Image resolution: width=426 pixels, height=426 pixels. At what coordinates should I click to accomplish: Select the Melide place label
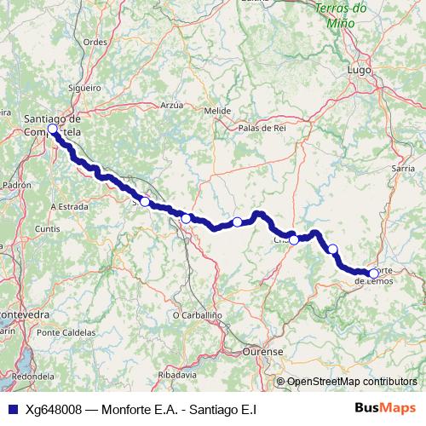pyautogui.click(x=217, y=111)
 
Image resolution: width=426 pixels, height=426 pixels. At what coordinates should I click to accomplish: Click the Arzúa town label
pyautogui.click(x=171, y=105)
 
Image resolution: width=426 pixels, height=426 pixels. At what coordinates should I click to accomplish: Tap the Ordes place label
pyautogui.click(x=95, y=42)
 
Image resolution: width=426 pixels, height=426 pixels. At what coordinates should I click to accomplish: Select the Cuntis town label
pyautogui.click(x=48, y=229)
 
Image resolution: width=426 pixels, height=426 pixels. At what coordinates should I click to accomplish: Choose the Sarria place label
pyautogui.click(x=403, y=170)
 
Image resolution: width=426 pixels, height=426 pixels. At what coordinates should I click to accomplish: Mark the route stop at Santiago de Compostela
pyautogui.click(x=52, y=129)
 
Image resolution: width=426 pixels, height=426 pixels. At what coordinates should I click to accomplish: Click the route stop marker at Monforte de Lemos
pyautogui.click(x=373, y=273)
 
